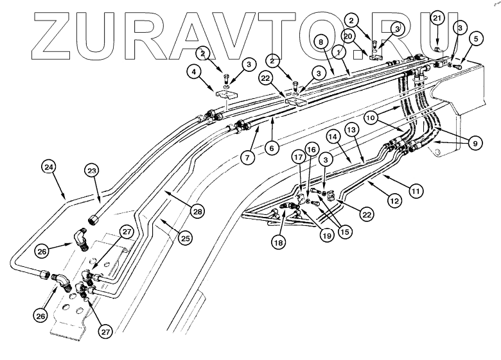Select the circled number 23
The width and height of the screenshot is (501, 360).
click(92, 171)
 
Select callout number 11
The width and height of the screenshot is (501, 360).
click(415, 190)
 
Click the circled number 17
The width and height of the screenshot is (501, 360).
click(298, 157)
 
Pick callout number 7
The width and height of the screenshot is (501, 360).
click(248, 156)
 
